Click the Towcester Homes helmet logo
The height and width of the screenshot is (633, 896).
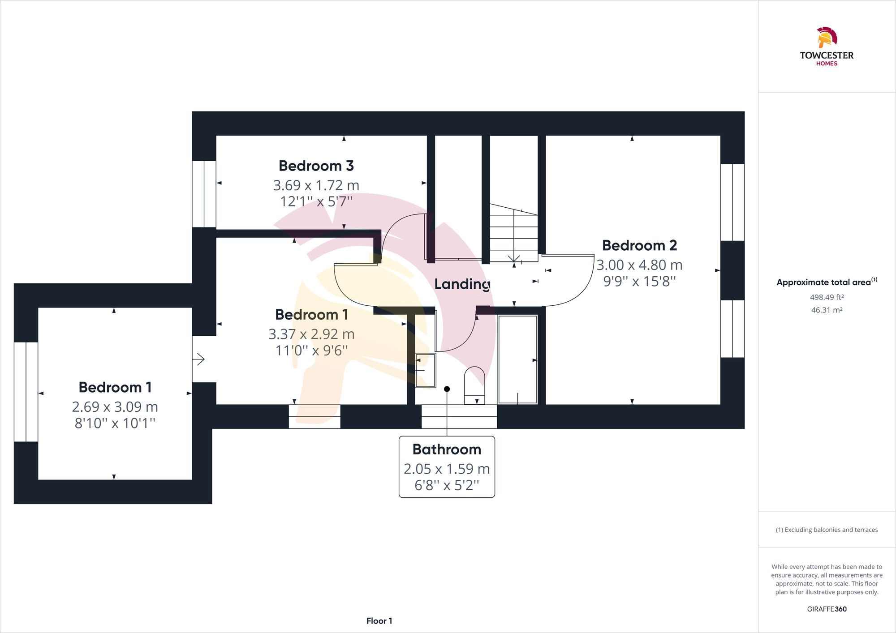point(827,38)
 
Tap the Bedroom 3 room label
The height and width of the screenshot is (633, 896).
point(316,166)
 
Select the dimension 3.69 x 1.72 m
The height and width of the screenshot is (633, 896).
point(316,185)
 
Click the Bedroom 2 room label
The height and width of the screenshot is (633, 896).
point(639,246)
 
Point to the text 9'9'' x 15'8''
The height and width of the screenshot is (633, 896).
point(639,282)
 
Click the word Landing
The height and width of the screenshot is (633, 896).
point(462,284)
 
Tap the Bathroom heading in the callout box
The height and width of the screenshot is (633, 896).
point(447,449)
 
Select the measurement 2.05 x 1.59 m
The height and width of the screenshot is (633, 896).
point(447,469)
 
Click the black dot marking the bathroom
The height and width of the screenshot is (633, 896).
point(447,389)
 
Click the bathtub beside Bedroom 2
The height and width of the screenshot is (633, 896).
point(517,359)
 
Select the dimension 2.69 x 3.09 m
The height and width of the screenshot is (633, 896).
point(115,407)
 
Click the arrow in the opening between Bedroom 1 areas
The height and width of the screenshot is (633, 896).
point(199,359)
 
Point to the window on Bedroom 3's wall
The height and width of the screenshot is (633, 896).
point(204,194)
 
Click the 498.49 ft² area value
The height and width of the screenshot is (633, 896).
point(827,297)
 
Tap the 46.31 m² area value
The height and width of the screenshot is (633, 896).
point(827,310)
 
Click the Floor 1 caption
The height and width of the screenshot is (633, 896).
point(379,621)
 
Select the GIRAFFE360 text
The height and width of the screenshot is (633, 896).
point(827,609)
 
